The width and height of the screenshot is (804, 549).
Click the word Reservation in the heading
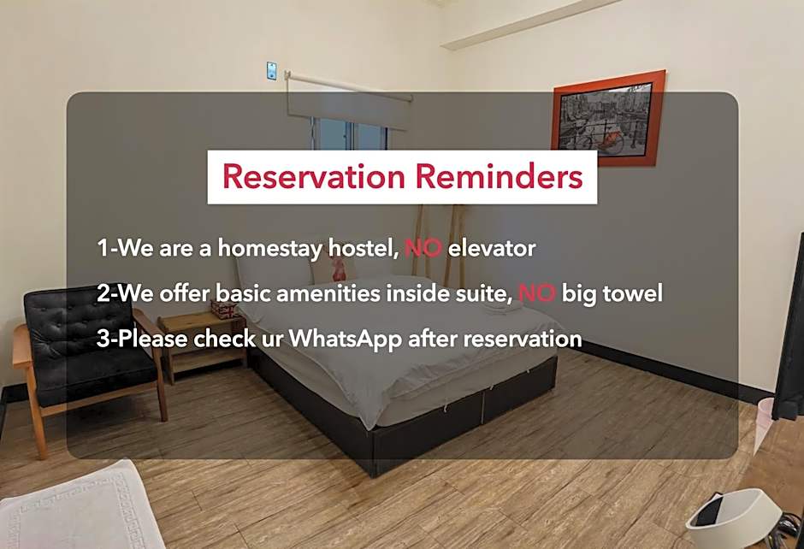tap(314, 177)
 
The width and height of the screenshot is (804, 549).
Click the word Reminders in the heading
tap(499, 177)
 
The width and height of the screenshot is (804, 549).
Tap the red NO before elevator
tap(423, 249)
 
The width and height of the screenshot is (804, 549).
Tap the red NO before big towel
tap(537, 293)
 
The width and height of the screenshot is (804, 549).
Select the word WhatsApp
tap(346, 339)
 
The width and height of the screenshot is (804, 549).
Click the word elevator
tap(492, 249)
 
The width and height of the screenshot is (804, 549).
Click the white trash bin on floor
tap(734, 517)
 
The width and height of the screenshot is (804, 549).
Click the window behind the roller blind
tap(351, 135)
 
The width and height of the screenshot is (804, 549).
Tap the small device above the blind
tap(271, 70)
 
